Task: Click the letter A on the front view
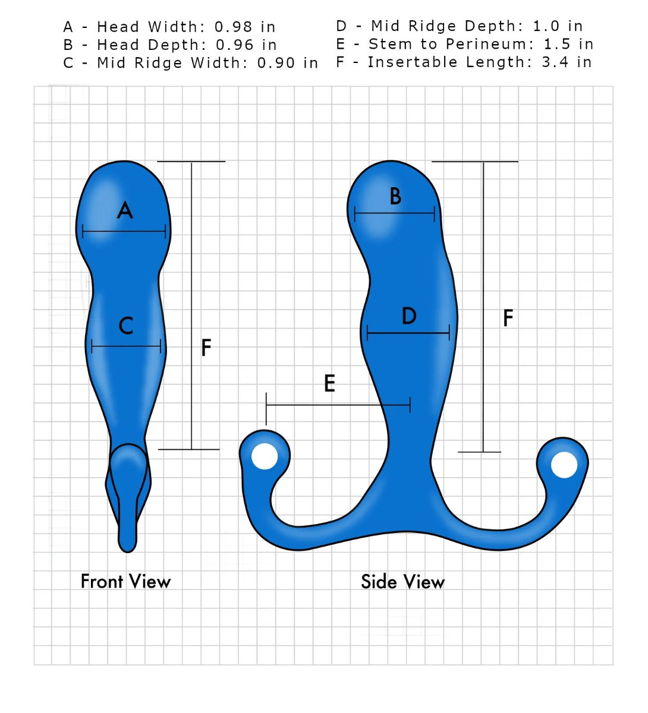[x=124, y=210]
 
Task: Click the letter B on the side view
[x=395, y=196]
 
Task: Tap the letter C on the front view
[x=126, y=326]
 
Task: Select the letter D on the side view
[x=409, y=316]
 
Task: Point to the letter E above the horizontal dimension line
[x=329, y=384]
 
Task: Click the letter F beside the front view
[x=206, y=348]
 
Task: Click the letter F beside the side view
[x=508, y=318]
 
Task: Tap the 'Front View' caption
[x=125, y=581]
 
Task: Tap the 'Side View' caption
[x=402, y=582]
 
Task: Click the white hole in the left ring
[x=265, y=456]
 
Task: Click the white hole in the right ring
[x=564, y=465]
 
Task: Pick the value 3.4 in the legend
[x=555, y=62]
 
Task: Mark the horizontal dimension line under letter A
[x=124, y=231]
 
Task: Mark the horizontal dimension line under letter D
[x=408, y=333]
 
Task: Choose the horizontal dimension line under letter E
[x=338, y=405]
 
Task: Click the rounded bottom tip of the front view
[x=127, y=543]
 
